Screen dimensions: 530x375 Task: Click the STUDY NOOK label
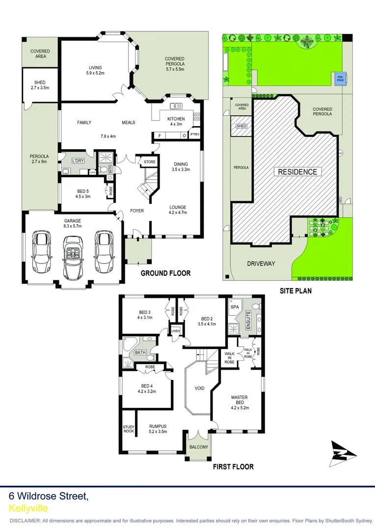click(128, 429)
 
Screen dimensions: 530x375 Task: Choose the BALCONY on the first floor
click(199, 447)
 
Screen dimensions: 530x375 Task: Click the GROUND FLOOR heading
click(165, 273)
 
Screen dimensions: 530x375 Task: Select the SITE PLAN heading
click(295, 291)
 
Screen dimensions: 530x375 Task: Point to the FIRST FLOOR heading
click(233, 467)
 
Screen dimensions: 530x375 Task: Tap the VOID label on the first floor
click(199, 388)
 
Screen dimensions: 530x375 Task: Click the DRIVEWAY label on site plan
click(261, 264)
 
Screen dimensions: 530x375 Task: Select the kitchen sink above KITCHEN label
click(176, 106)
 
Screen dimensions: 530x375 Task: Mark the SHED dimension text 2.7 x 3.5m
click(40, 88)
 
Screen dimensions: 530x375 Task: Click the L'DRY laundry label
click(78, 161)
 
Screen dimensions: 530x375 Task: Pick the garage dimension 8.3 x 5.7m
click(72, 227)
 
